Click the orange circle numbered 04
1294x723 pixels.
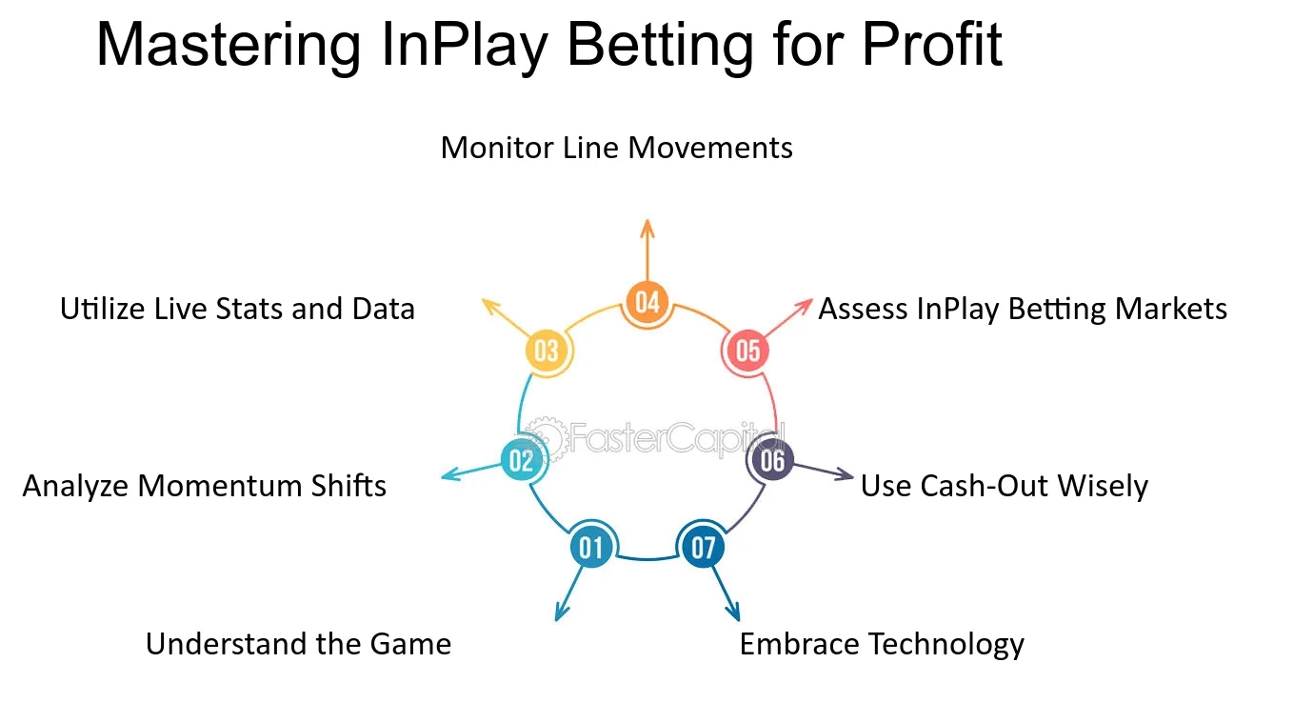(647, 302)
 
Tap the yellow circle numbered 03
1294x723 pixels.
(546, 351)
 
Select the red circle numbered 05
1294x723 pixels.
(747, 351)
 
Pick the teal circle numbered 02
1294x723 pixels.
(521, 460)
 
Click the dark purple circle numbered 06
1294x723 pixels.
(772, 460)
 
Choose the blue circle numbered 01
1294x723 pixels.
(590, 547)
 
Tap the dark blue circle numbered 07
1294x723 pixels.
(703, 547)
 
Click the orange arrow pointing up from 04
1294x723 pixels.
(647, 251)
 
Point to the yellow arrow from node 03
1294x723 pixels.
(506, 316)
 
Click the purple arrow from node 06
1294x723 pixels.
(824, 471)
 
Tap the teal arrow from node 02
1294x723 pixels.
(471, 472)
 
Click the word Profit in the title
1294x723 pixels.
(932, 45)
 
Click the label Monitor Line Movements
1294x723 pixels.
(616, 148)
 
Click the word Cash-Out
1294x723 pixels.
(984, 486)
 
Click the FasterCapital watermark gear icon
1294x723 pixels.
(546, 439)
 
